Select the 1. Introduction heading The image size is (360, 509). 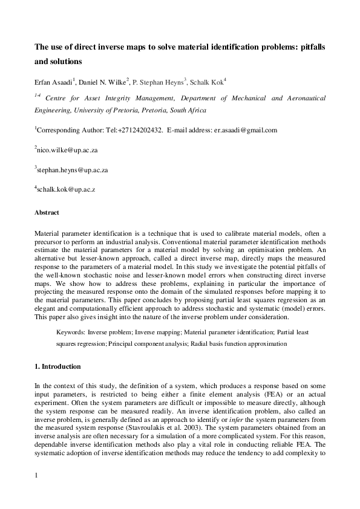[x=57, y=367]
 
